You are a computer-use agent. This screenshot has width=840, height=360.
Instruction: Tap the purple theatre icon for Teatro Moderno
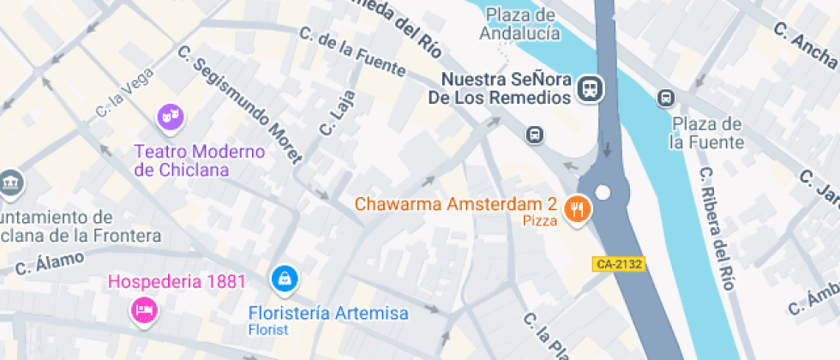(x=169, y=116)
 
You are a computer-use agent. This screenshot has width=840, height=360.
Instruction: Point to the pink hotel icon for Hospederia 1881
(x=143, y=309)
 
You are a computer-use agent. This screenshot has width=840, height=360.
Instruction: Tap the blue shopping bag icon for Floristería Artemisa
(x=283, y=278)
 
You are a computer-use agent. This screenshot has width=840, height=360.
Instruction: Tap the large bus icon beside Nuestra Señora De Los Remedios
(x=590, y=88)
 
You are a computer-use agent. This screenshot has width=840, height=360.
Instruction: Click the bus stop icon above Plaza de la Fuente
(x=665, y=99)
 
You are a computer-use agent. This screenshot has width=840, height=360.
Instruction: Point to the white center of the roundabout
(x=603, y=192)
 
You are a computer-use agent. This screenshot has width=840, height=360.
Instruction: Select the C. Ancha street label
(x=804, y=43)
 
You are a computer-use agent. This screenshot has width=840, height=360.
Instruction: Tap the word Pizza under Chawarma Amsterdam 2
(x=540, y=221)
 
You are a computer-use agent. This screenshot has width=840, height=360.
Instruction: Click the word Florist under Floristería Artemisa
(x=268, y=329)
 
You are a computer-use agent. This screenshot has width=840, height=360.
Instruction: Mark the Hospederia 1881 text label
(x=177, y=281)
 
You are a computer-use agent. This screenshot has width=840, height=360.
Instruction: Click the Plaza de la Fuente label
(x=707, y=133)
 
